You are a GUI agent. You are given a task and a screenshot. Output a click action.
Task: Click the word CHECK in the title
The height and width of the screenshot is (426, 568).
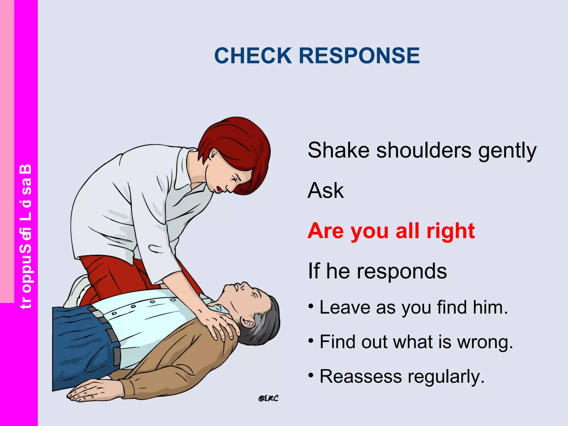[253, 55]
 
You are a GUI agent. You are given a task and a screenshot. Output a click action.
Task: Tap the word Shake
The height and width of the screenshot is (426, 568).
[338, 150]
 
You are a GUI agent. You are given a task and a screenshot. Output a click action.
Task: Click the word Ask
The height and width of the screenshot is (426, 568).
[326, 191]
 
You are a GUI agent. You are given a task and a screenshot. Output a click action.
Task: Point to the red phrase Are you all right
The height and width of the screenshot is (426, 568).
[391, 231]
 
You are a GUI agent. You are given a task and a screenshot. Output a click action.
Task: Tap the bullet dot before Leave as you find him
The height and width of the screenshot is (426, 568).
[311, 306]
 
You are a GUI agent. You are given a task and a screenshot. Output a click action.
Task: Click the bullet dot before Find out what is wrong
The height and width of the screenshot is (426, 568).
[311, 341]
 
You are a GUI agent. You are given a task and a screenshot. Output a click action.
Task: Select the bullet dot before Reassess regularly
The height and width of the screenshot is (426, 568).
[311, 376]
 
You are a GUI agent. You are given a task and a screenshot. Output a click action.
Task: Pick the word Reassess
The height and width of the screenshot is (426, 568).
[361, 377]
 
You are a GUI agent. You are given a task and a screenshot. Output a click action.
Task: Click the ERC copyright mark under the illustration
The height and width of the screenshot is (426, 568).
[268, 399]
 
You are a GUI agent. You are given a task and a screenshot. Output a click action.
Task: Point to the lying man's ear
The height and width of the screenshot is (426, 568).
[248, 323]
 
